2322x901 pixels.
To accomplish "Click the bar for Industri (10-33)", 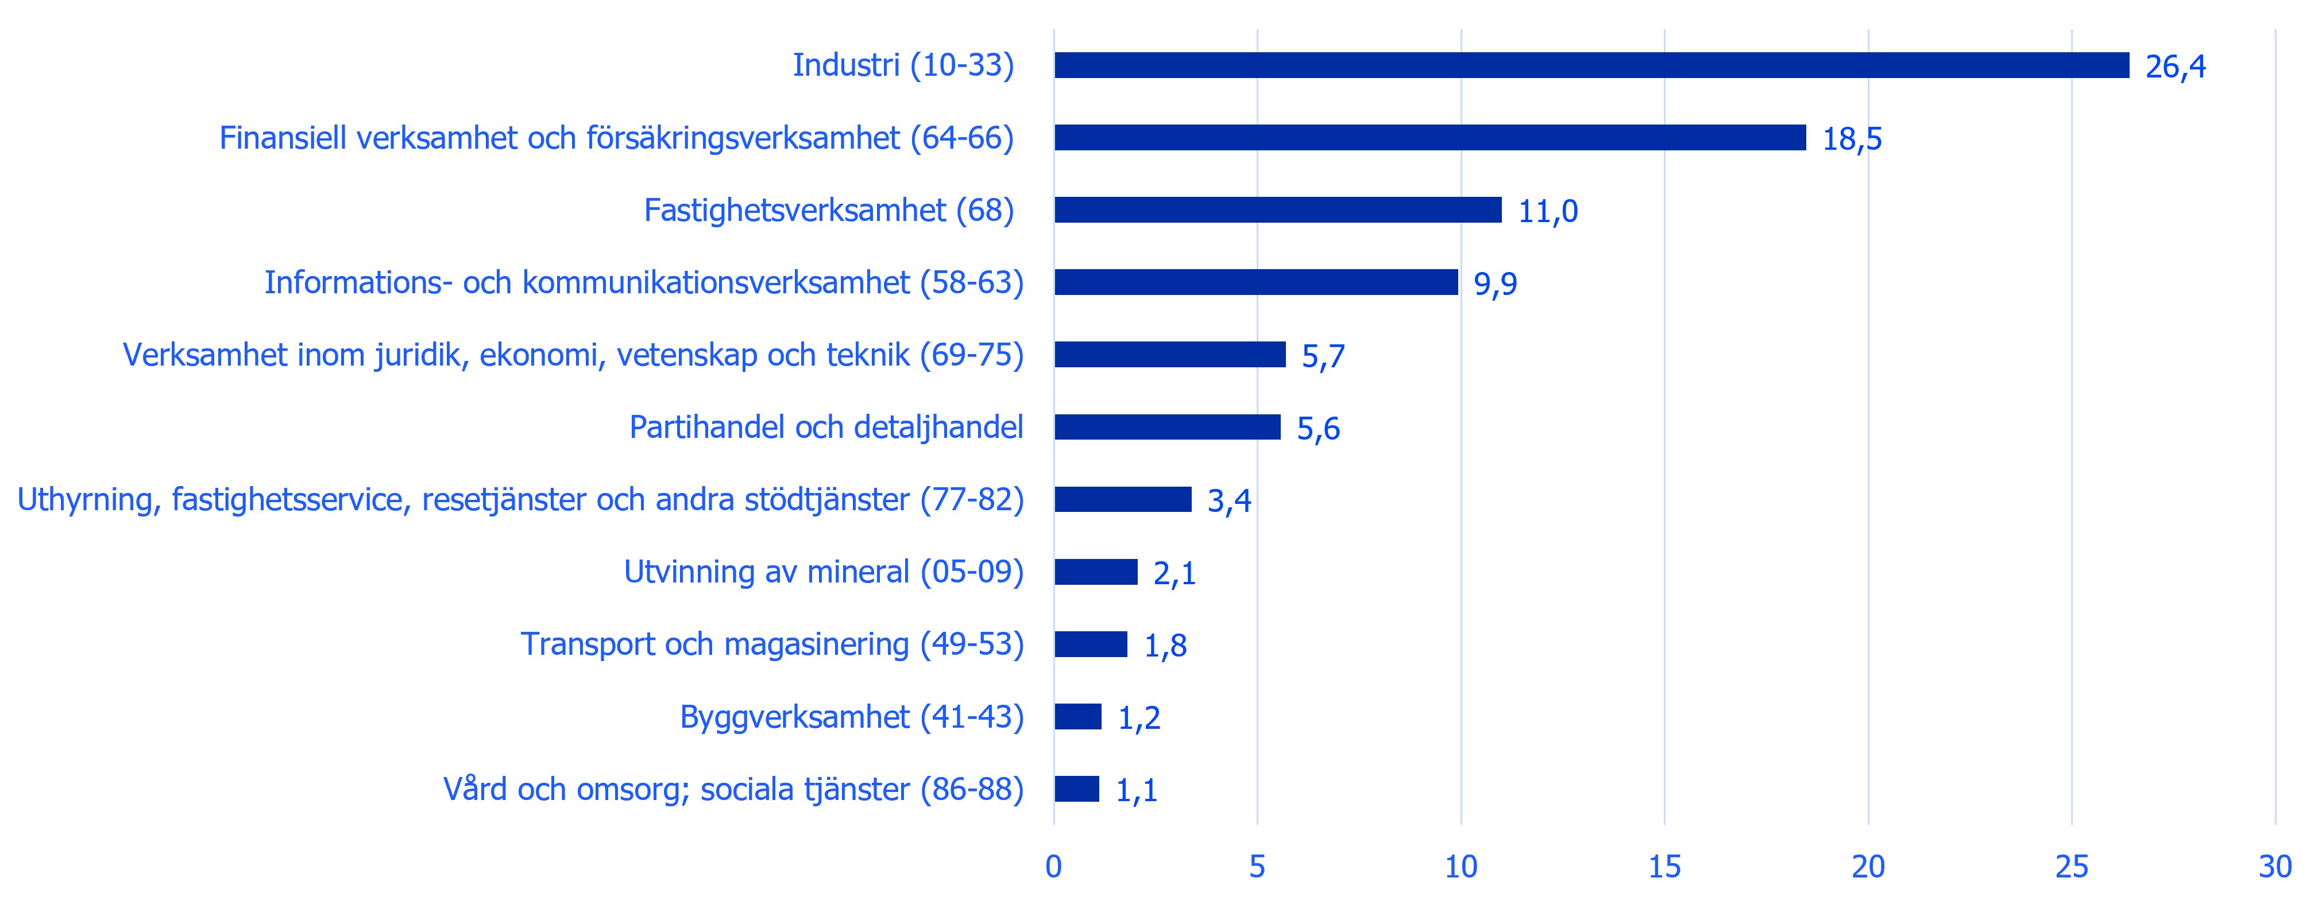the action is [1592, 65].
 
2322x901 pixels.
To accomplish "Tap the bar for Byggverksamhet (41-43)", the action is [1078, 716].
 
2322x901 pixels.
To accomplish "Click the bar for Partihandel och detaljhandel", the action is [1167, 427].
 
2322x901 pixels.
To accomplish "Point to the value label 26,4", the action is [2176, 67].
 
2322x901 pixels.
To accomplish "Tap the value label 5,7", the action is [1323, 356].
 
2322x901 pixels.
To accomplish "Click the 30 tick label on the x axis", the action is [2275, 867].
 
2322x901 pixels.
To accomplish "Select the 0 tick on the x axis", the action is [1054, 867].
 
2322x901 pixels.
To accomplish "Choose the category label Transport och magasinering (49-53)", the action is [772, 644].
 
